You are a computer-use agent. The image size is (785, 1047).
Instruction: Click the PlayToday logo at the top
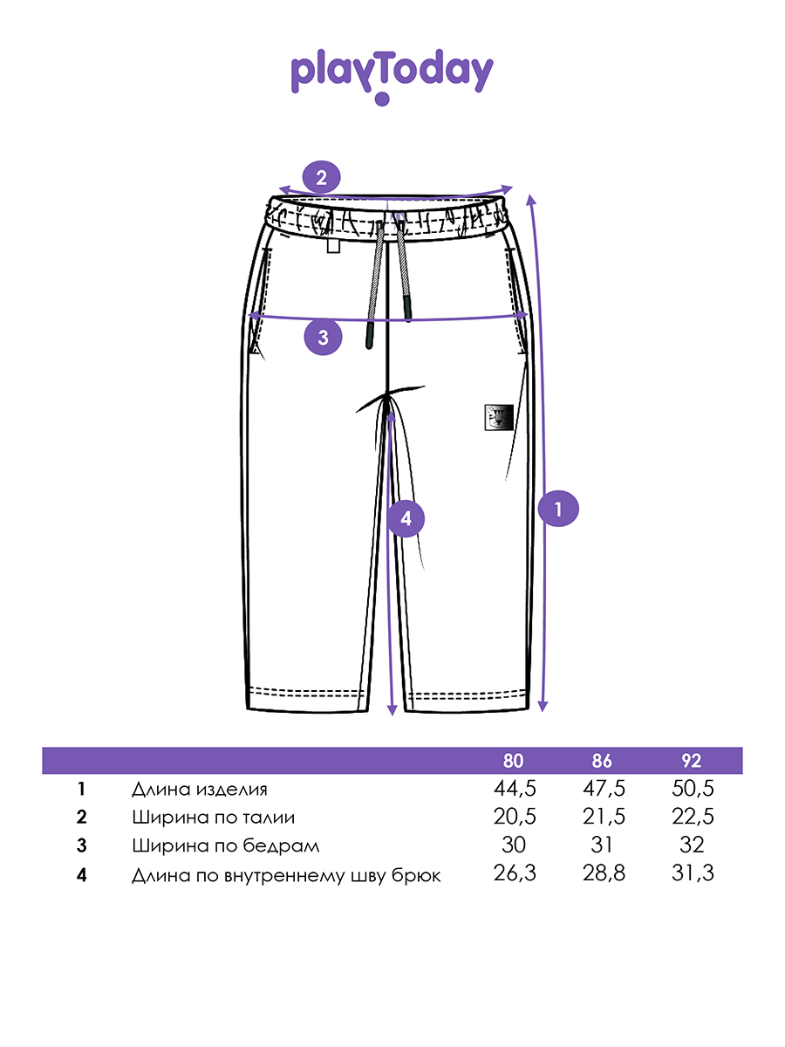[x=392, y=75]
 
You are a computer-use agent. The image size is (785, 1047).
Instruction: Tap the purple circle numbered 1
[x=559, y=508]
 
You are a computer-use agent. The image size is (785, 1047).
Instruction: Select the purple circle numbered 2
[x=322, y=179]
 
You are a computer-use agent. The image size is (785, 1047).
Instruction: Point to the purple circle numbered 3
[x=323, y=337]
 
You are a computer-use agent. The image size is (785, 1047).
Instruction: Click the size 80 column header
[x=515, y=761]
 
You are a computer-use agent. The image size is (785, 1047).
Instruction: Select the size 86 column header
[x=604, y=761]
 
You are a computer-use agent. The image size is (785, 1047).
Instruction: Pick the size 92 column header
[x=692, y=761]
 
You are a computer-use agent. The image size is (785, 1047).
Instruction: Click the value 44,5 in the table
[x=515, y=790]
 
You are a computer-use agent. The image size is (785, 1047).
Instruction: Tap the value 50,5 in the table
[x=692, y=790]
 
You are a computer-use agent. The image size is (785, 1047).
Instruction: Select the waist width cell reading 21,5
[x=604, y=818]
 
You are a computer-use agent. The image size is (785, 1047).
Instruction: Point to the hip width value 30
[x=515, y=845]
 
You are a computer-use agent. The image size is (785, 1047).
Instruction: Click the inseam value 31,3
[x=692, y=873]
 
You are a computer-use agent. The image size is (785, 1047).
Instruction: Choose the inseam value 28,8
[x=604, y=873]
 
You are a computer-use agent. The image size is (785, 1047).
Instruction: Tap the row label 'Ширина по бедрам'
[x=226, y=845]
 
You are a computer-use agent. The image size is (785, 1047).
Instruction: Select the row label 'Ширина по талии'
[x=214, y=818]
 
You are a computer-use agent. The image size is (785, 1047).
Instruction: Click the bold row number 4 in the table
[x=82, y=873]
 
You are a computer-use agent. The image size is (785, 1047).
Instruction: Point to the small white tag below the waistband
[x=333, y=248]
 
